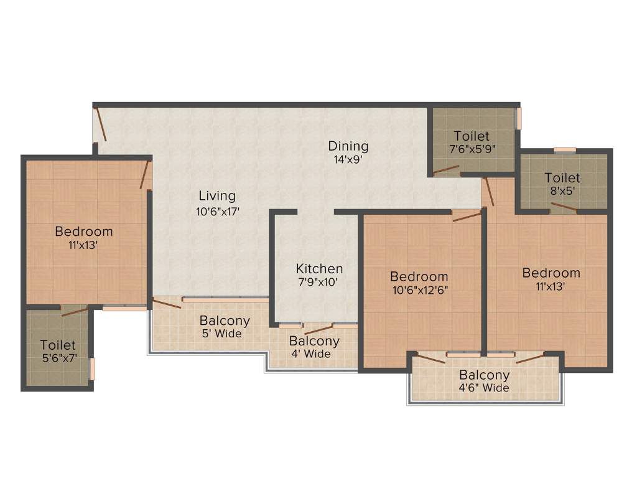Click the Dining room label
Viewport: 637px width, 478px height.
348,146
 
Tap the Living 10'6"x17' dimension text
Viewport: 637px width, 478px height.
217,211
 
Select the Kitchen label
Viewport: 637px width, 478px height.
319,269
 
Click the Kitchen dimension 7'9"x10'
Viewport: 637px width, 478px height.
319,282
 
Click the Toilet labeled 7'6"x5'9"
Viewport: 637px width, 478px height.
471,136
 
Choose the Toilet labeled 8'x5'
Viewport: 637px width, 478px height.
562,178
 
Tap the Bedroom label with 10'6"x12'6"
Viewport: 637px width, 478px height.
419,276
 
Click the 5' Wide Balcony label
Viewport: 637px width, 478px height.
225,321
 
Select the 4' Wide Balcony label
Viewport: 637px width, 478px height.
314,342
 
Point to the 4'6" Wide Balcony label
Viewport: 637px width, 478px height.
484,376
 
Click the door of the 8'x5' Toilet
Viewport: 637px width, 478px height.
564,208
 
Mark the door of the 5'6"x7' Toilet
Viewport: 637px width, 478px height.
75,311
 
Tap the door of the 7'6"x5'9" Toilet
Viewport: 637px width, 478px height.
447,169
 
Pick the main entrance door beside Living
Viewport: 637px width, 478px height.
100,124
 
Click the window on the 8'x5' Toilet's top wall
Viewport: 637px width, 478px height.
565,149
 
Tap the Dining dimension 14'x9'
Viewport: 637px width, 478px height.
348,159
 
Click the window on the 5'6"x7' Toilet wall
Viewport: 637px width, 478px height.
92,368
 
